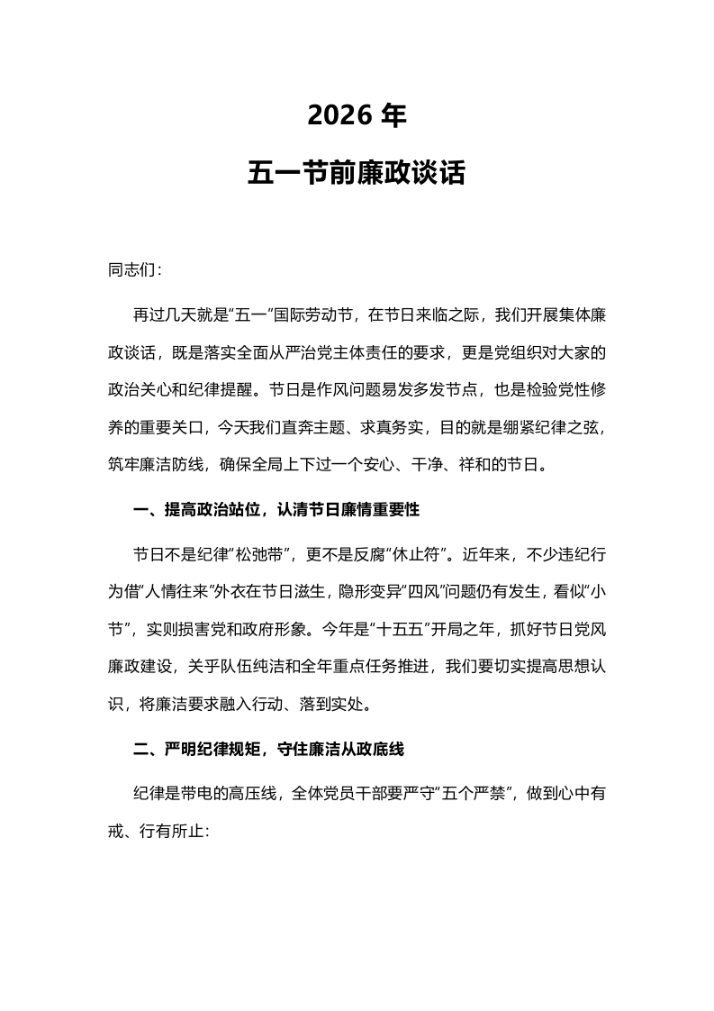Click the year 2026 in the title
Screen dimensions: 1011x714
[x=338, y=115]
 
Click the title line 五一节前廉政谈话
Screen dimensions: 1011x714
[x=357, y=172]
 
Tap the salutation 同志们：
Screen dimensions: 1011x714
[x=134, y=270]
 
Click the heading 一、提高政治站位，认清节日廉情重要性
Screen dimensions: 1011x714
[x=276, y=509]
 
